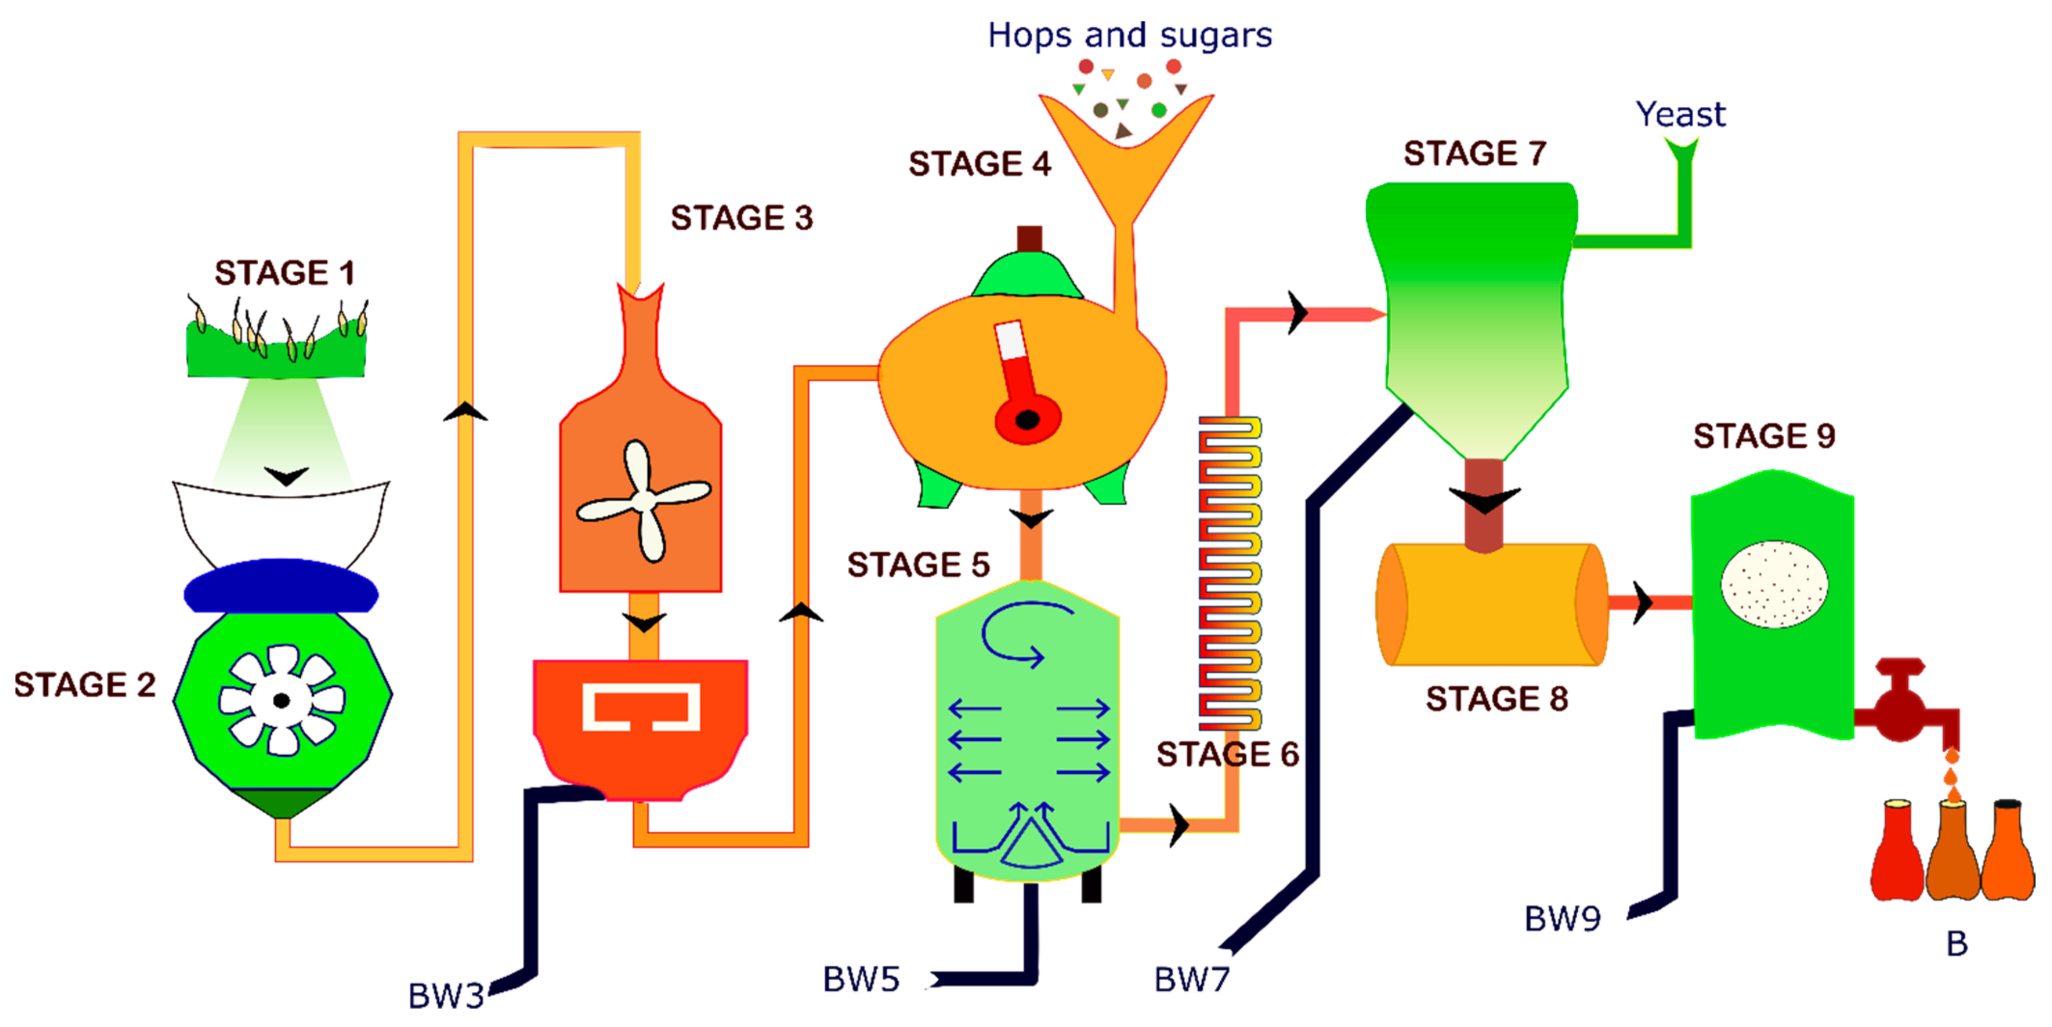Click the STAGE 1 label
pos(284,273)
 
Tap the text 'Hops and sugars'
pos(1130,36)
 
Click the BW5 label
pos(860,979)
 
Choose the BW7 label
pos(1192,979)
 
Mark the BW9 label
pos(1562,918)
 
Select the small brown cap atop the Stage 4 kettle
pos(1029,239)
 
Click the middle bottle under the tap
pos(1953,852)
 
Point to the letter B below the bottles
pos(1956,944)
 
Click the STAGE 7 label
pos(1474,153)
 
